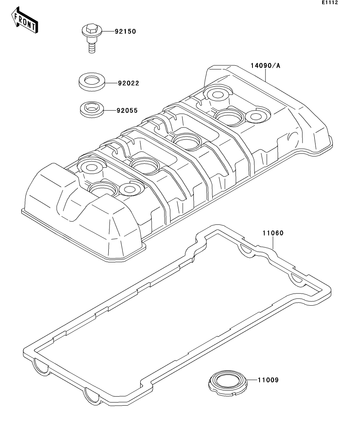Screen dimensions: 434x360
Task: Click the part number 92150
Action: coord(125,31)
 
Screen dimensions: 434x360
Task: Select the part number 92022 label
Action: coord(128,83)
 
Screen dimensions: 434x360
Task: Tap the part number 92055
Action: coord(127,111)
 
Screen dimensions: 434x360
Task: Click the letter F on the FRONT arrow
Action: coord(17,17)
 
